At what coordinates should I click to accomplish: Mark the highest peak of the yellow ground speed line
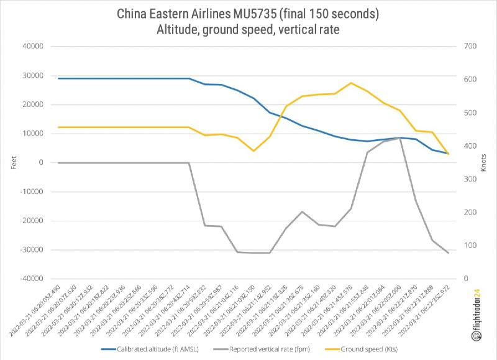pos(351,83)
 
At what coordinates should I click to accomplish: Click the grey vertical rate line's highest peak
pos(400,138)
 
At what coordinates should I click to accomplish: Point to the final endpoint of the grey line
pos(448,253)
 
